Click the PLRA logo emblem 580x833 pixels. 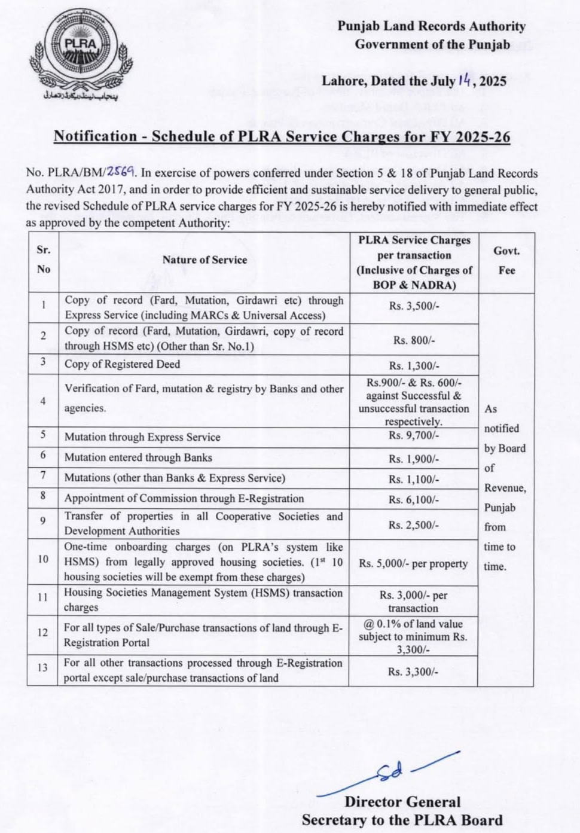(x=80, y=51)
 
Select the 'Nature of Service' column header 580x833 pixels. (x=204, y=260)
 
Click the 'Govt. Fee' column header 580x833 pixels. (x=506, y=261)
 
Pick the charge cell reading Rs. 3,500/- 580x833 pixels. (x=414, y=306)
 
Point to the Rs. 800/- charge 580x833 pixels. (x=414, y=340)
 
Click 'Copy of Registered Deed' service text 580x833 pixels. (x=123, y=364)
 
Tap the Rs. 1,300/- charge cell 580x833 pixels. (x=414, y=366)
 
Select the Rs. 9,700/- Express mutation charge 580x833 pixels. (x=414, y=435)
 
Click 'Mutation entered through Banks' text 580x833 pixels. (x=138, y=457)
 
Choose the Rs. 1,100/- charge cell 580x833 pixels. (x=414, y=480)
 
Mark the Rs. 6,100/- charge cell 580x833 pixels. (x=414, y=500)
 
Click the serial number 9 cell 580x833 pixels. (x=43, y=521)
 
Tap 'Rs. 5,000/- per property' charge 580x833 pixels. (x=414, y=564)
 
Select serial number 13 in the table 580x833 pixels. (x=43, y=667)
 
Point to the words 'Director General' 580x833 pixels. (x=402, y=803)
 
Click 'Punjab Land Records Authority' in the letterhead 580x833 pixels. (x=431, y=26)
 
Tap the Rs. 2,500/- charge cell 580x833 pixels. (x=414, y=526)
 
